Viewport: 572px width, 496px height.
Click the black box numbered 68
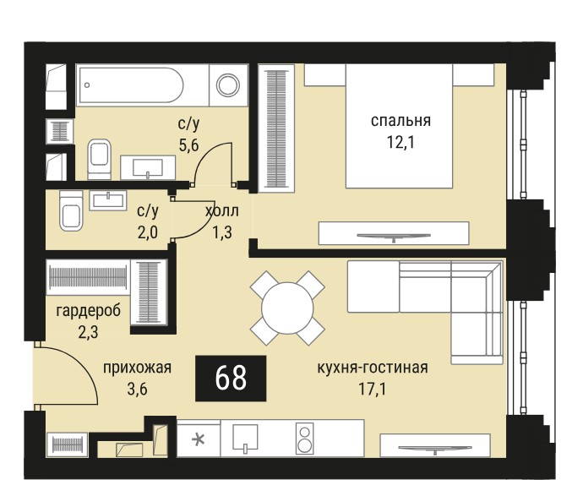point(231,379)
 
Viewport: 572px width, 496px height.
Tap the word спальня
point(400,121)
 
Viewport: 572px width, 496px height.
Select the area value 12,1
point(400,142)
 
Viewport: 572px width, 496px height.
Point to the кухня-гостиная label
point(373,368)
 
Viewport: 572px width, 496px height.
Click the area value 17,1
point(373,390)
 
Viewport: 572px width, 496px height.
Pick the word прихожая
point(137,368)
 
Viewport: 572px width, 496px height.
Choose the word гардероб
point(88,311)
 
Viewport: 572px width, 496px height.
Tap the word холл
point(222,211)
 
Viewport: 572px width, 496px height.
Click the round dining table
point(287,308)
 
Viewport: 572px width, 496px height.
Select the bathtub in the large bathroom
point(130,85)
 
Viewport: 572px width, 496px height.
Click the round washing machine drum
point(228,85)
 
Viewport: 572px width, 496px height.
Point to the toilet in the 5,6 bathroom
point(99,159)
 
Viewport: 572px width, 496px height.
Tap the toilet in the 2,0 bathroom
point(71,210)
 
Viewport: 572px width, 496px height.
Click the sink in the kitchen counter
point(245,438)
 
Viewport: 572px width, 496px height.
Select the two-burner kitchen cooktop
point(305,439)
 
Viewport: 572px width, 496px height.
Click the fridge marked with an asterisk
point(199,439)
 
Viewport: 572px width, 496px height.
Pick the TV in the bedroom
point(394,237)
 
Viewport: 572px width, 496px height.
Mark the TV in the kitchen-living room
point(435,449)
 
